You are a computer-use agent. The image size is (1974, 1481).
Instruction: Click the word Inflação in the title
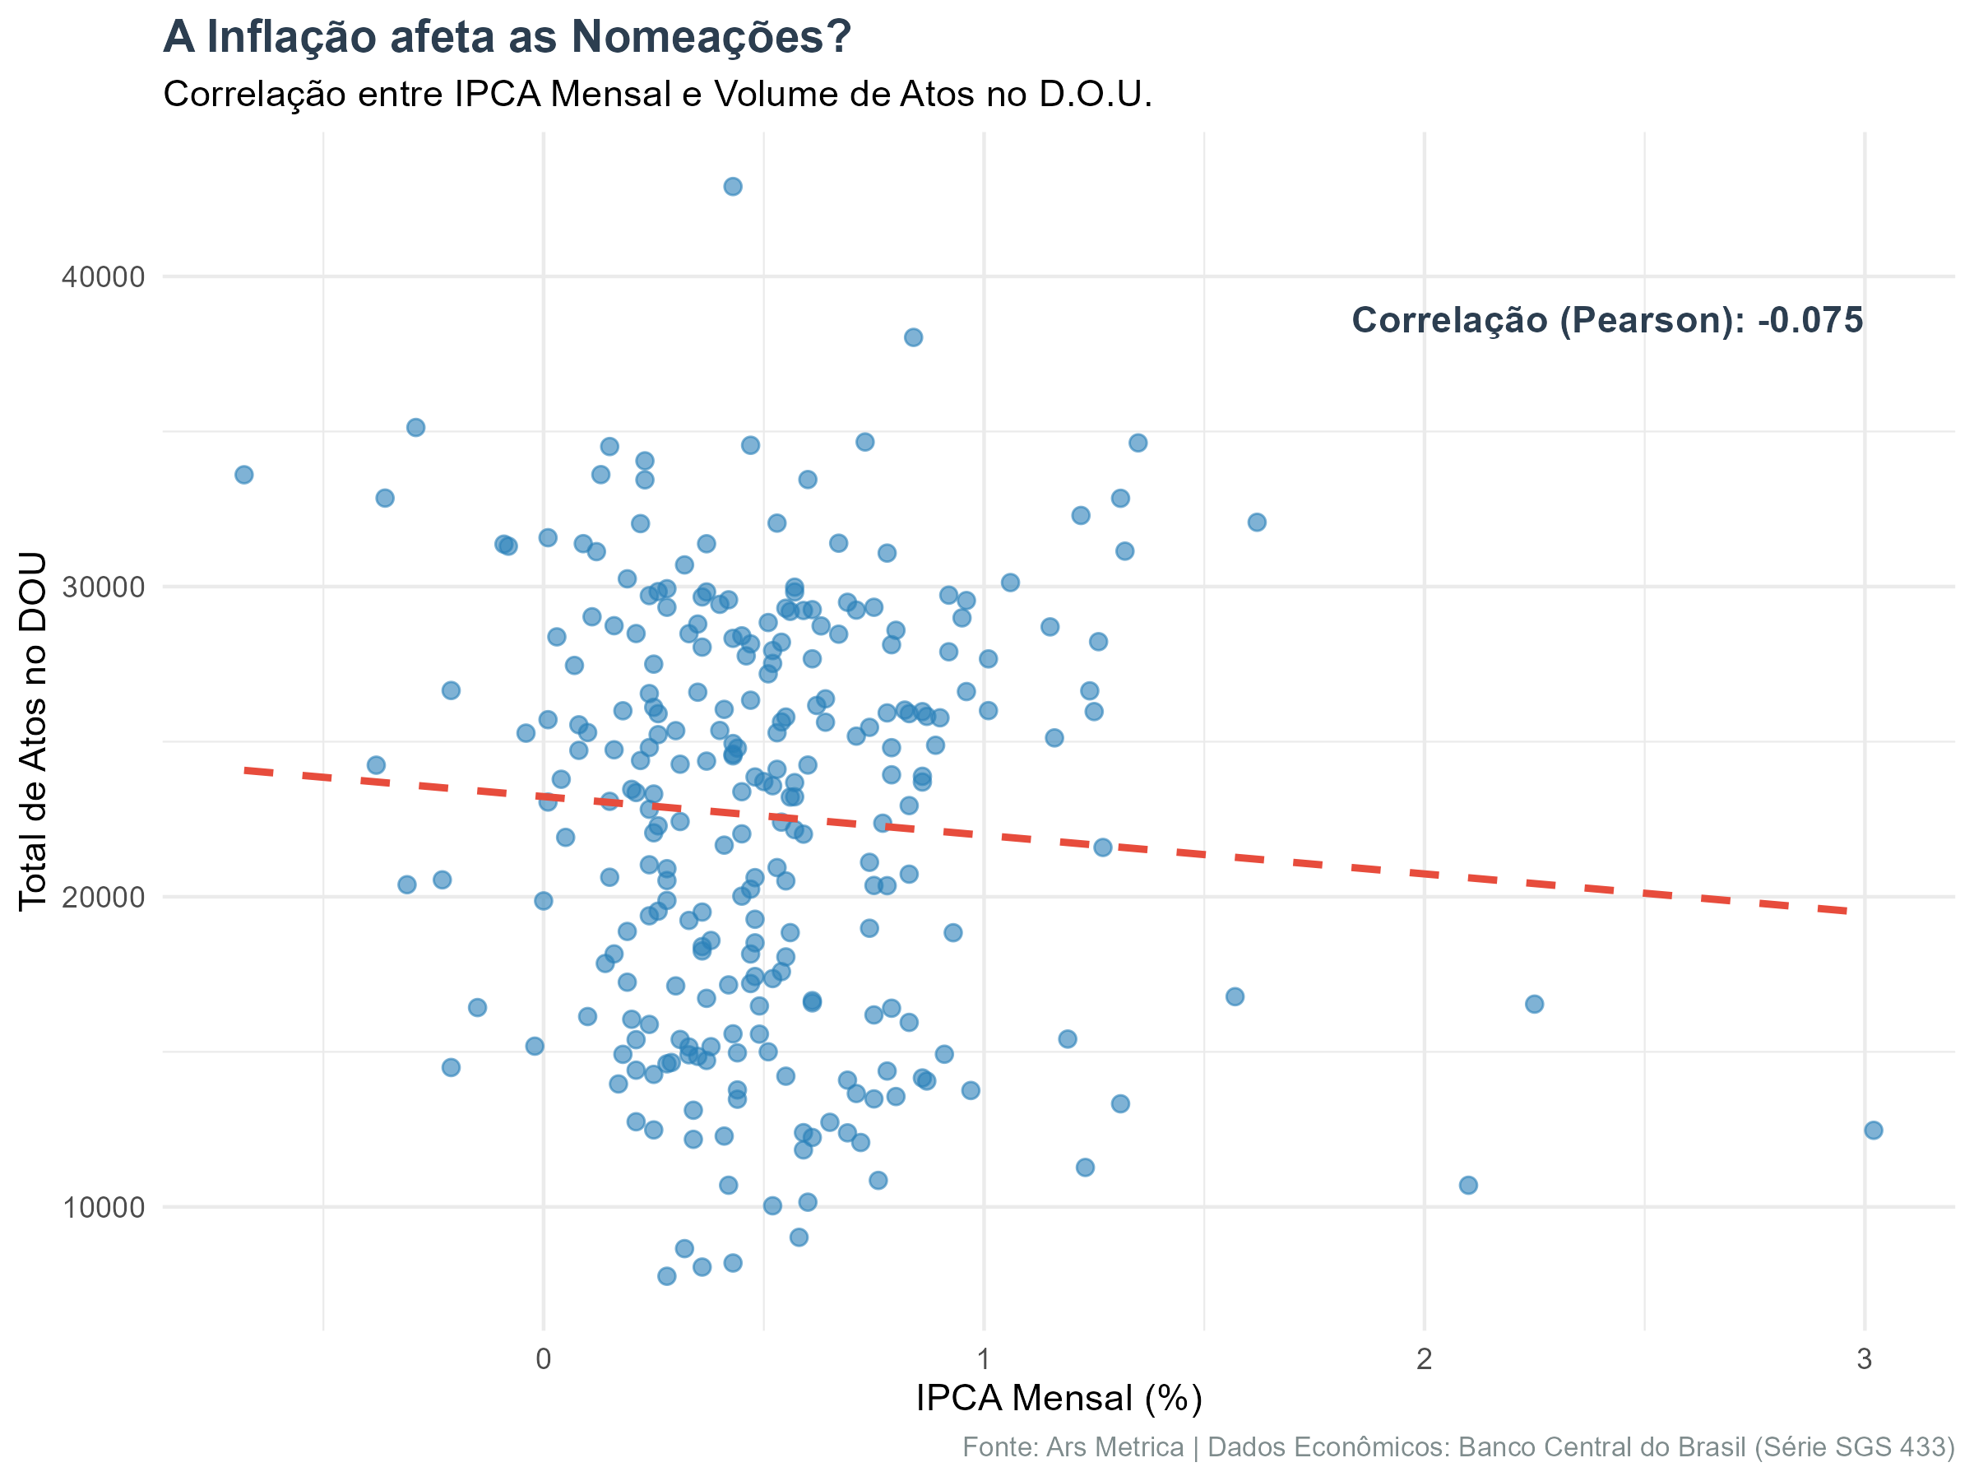pos(291,39)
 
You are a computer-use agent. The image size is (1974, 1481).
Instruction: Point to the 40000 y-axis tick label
pos(103,276)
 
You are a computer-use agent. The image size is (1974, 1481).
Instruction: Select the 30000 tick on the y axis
pos(103,587)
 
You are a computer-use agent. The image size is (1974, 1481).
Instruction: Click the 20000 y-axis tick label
pos(103,896)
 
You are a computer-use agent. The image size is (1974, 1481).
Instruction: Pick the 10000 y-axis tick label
pos(103,1207)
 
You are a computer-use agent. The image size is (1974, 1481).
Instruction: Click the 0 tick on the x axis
pos(544,1358)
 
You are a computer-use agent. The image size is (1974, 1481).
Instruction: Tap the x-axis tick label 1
pos(984,1358)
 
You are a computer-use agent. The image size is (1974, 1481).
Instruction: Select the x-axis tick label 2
pos(1425,1358)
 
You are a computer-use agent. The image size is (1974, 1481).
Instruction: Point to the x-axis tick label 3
pos(1865,1358)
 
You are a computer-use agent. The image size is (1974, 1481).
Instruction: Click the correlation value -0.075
pos(1809,321)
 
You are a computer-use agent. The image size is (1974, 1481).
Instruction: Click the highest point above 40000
pos(733,187)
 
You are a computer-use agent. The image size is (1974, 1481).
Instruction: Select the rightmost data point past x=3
pos(1874,1130)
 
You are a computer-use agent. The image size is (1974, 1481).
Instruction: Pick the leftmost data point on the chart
pos(243,475)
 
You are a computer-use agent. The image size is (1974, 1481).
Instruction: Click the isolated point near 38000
pos(913,337)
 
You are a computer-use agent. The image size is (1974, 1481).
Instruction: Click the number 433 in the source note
pos(1921,1447)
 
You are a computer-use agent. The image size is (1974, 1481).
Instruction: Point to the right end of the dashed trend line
pos(1844,911)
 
